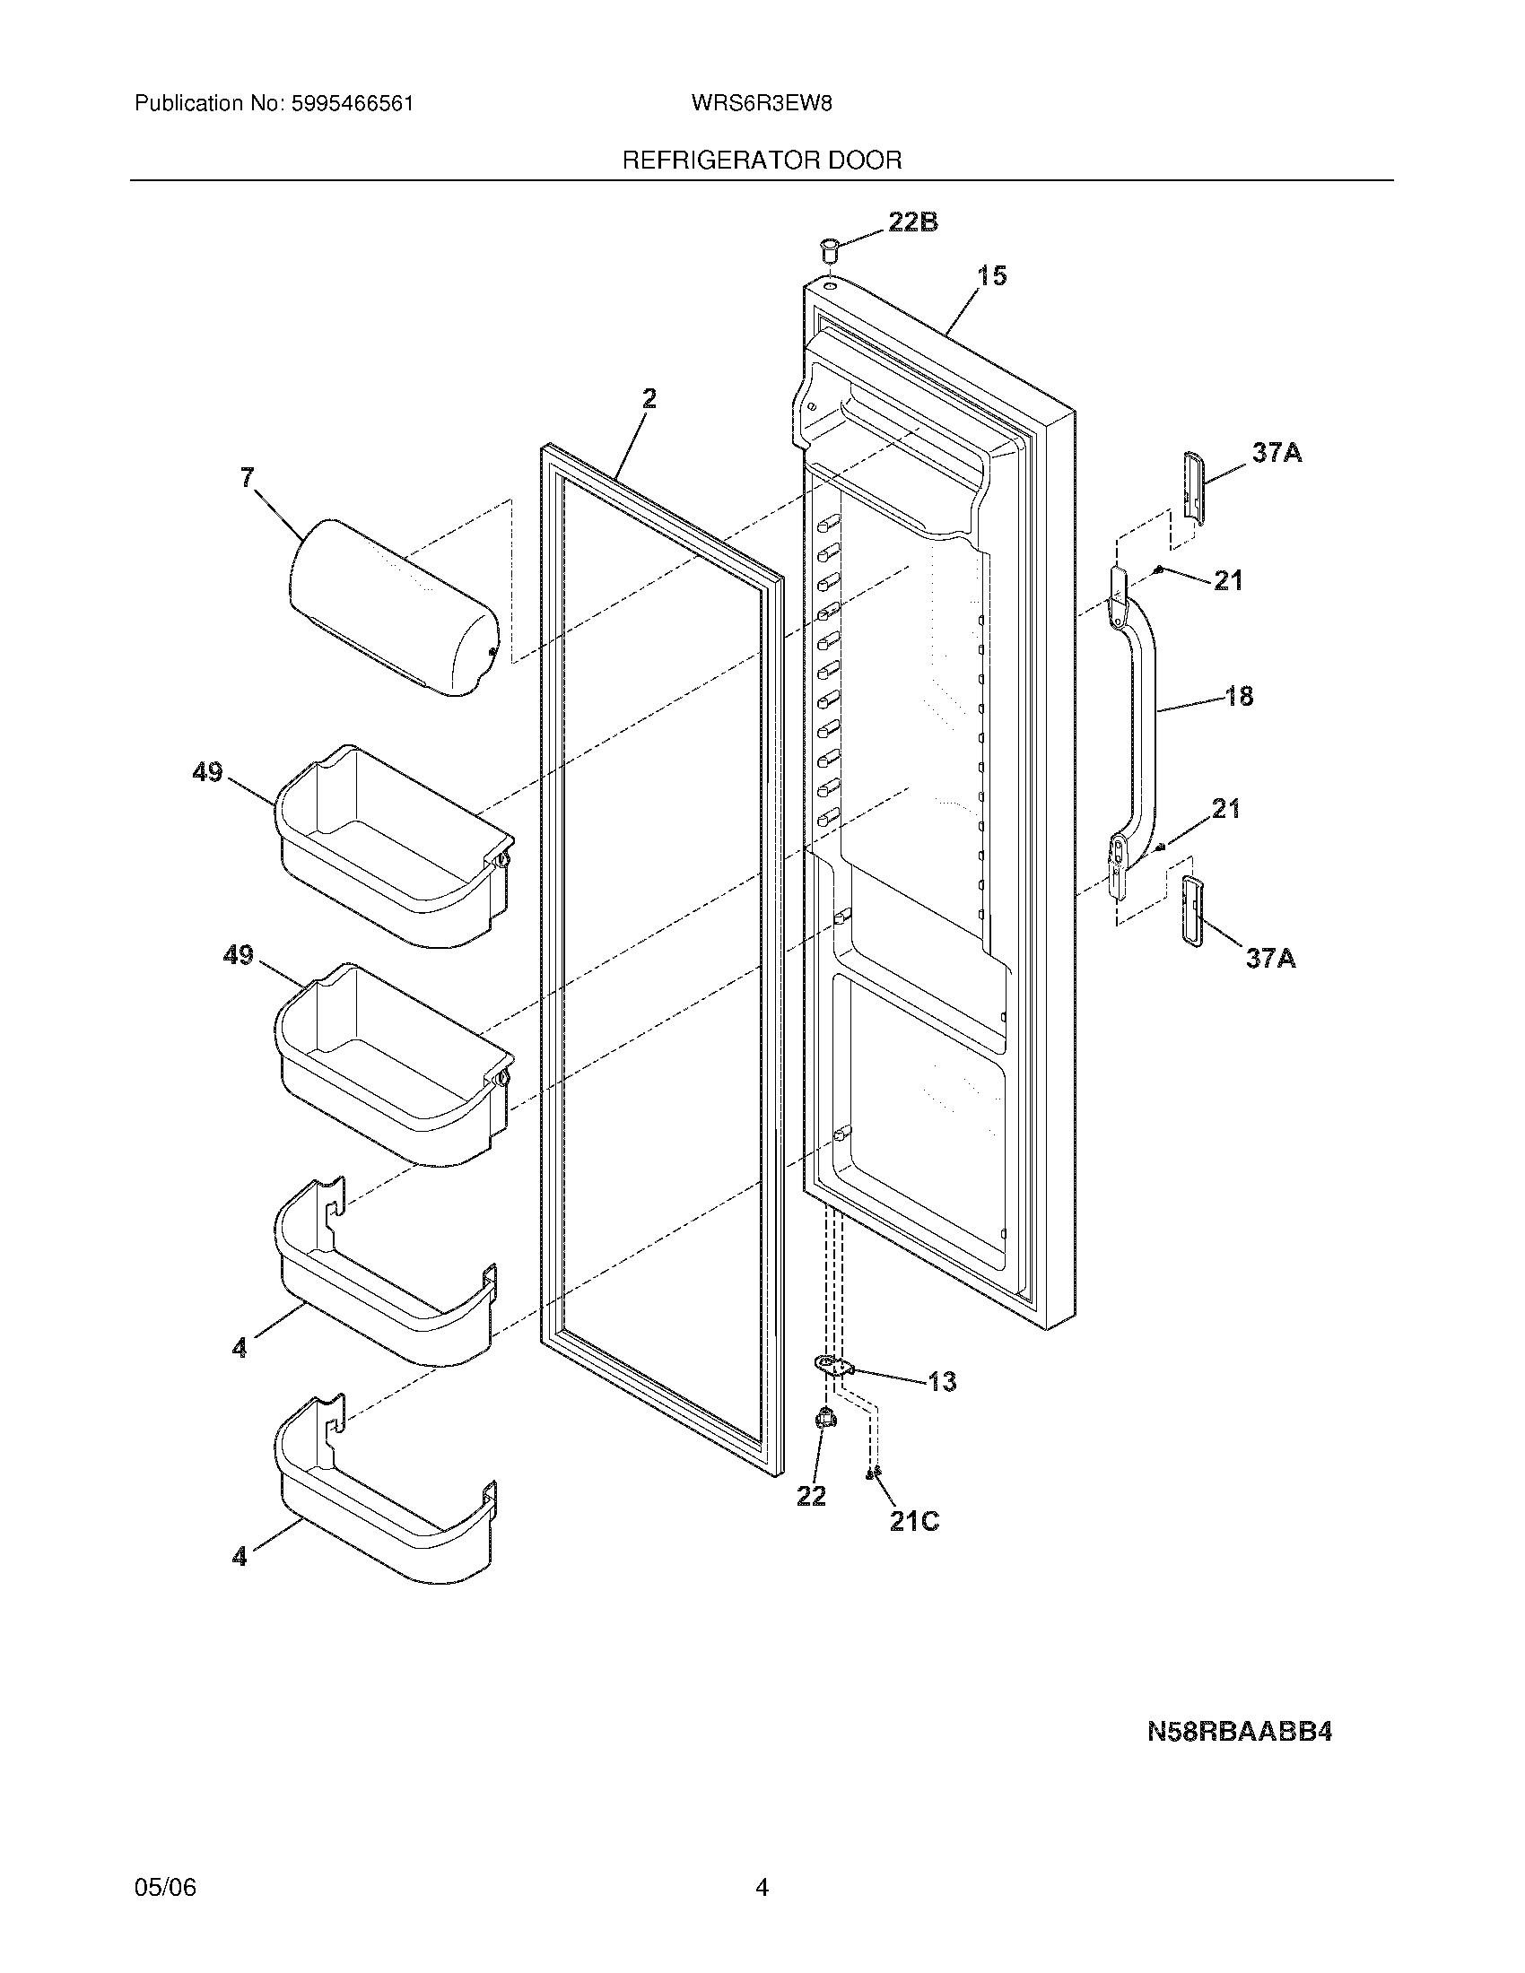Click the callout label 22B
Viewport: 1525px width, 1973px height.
(x=912, y=222)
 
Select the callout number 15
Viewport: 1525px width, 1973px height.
(x=992, y=275)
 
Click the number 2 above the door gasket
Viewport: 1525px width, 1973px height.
(x=649, y=398)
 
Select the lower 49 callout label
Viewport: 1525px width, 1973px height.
(x=239, y=955)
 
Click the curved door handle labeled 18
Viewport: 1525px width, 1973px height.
(x=1141, y=714)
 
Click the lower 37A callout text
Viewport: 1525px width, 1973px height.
(x=1270, y=958)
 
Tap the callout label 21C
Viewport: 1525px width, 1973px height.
(x=914, y=1521)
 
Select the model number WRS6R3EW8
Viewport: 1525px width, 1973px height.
(x=761, y=103)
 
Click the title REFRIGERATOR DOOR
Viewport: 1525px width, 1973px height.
(x=762, y=161)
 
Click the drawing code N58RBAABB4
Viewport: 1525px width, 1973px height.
(x=1240, y=1733)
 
